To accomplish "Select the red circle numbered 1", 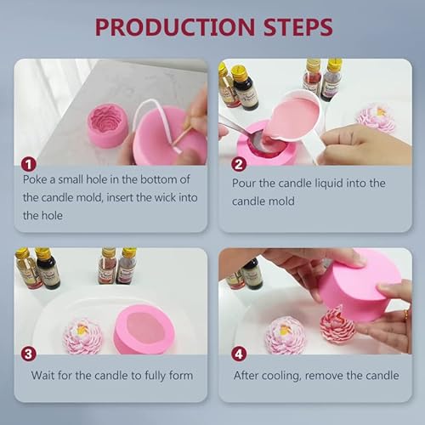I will pyautogui.click(x=29, y=163).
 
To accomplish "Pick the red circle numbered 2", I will pyautogui.click(x=238, y=163).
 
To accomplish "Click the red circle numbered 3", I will pyautogui.click(x=29, y=354).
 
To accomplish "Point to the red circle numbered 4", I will pyautogui.click(x=238, y=354).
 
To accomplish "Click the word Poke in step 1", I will pyautogui.click(x=37, y=180).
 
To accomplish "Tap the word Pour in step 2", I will pyautogui.click(x=246, y=182).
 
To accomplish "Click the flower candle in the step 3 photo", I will pyautogui.click(x=82, y=335).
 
